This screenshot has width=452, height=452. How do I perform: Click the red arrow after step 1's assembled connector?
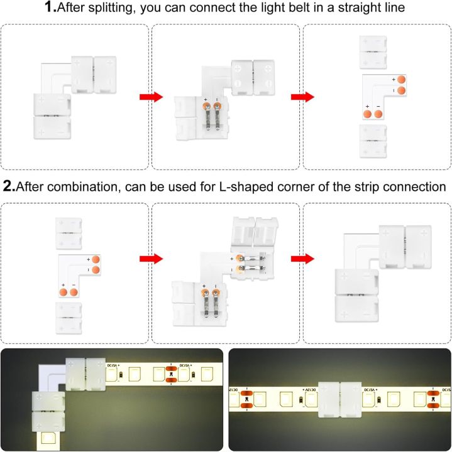(150, 97)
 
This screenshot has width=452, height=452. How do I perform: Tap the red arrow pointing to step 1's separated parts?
(302, 97)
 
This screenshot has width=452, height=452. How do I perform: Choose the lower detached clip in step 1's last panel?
(376, 141)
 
